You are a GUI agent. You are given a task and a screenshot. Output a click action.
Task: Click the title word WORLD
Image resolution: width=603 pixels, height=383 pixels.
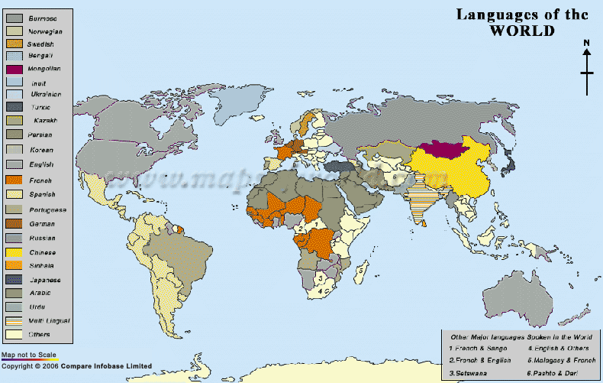click(522, 31)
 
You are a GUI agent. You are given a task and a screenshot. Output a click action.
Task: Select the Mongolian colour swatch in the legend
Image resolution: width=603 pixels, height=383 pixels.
click(15, 69)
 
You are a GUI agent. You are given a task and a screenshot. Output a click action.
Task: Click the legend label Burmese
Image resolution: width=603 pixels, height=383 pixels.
click(43, 17)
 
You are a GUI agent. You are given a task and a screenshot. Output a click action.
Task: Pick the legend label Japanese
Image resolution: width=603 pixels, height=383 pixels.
click(46, 280)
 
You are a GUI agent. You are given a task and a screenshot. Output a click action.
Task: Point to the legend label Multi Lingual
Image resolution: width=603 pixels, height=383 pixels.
click(48, 320)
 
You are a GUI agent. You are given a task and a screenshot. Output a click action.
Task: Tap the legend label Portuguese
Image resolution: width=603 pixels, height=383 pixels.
click(47, 209)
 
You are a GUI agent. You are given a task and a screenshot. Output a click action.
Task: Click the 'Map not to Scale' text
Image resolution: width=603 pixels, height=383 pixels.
click(26, 355)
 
